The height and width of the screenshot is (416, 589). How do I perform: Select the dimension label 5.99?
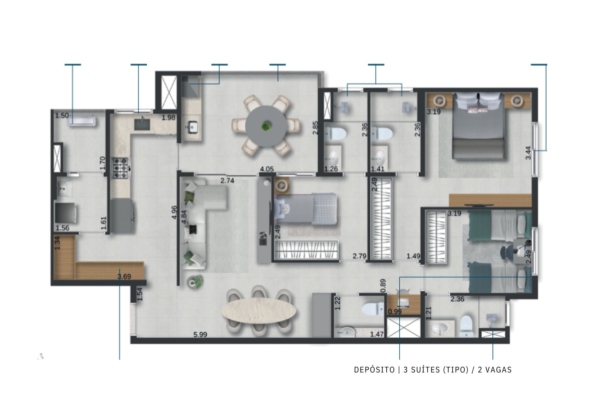click(200, 335)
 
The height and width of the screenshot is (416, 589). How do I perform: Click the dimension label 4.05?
click(267, 169)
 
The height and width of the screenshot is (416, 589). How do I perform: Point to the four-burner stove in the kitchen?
click(121, 168)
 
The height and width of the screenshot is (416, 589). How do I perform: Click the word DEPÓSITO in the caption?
click(374, 370)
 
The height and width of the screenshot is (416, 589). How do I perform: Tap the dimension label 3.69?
click(124, 277)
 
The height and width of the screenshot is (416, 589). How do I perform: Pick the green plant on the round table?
click(266, 126)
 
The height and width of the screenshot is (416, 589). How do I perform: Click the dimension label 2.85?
click(316, 128)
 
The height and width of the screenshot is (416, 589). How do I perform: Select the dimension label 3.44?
click(529, 153)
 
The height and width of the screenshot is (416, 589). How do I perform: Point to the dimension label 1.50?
click(62, 116)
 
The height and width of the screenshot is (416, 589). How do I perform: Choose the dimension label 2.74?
click(227, 181)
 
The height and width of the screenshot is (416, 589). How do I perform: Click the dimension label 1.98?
click(169, 118)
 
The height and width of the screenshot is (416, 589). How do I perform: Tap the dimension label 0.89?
click(383, 286)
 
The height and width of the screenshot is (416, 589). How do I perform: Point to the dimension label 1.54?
click(140, 294)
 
